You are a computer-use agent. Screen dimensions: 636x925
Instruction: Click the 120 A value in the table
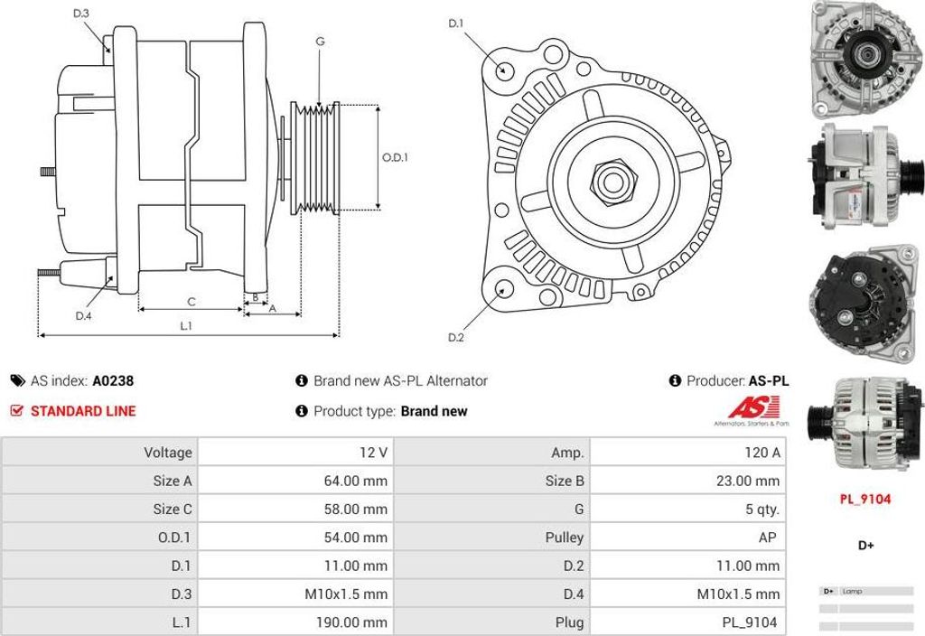click(762, 453)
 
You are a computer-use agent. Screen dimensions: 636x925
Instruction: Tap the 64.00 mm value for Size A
click(355, 481)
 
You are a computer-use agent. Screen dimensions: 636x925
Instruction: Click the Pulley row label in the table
click(565, 538)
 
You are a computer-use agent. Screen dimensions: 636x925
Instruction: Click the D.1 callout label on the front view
click(456, 23)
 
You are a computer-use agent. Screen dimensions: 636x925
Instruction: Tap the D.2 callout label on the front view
click(456, 338)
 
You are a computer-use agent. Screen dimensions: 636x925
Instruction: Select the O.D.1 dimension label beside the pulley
click(395, 156)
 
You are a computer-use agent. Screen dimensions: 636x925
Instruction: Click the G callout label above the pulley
click(320, 42)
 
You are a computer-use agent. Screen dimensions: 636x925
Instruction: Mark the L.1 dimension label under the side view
click(186, 326)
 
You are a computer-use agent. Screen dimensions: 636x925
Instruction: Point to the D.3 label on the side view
click(81, 14)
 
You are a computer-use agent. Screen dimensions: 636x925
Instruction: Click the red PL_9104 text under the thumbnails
click(864, 499)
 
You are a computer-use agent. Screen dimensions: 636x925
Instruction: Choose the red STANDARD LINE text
click(83, 411)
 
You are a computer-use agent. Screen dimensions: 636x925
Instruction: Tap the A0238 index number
click(113, 381)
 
